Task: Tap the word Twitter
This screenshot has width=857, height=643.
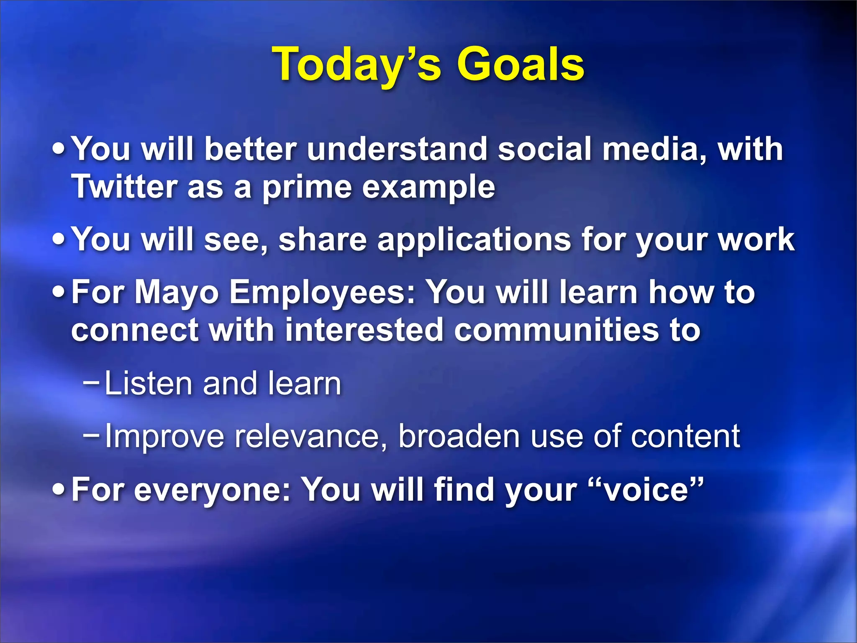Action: coord(124,187)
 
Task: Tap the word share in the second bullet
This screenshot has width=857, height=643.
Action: coord(322,239)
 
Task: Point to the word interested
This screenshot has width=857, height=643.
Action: coord(364,330)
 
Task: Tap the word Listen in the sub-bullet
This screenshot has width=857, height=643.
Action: coord(149,383)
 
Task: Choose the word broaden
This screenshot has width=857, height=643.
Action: coord(459,436)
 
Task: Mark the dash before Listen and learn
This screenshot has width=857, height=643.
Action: coord(91,382)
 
